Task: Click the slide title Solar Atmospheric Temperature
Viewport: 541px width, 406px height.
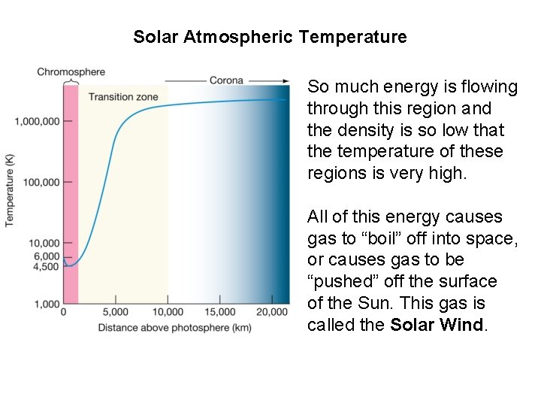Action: tap(270, 36)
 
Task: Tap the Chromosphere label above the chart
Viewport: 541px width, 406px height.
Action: tap(71, 72)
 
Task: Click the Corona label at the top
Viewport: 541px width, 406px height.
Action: tap(226, 80)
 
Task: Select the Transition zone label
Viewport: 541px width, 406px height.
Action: tap(122, 96)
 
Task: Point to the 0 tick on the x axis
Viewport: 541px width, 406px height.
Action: tap(64, 311)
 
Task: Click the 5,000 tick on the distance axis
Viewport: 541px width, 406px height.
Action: tap(115, 311)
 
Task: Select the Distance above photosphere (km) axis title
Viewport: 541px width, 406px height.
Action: tap(175, 327)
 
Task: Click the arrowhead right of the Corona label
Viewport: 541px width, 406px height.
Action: tap(286, 80)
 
